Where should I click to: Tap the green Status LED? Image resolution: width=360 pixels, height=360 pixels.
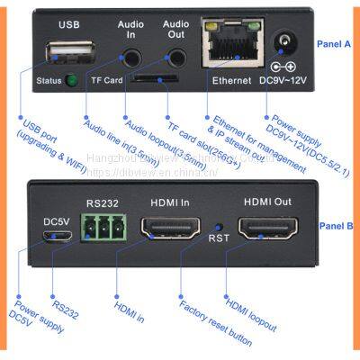pyautogui.click(x=71, y=80)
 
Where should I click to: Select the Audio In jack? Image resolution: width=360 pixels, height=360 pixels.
pyautogui.click(x=131, y=56)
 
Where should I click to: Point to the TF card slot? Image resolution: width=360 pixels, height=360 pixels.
pyautogui.click(x=155, y=79)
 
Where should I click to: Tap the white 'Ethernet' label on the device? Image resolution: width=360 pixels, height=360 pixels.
pyautogui.click(x=231, y=80)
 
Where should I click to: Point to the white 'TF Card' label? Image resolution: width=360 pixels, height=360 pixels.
pyautogui.click(x=106, y=80)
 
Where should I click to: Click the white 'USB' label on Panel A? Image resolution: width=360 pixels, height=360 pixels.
pyautogui.click(x=69, y=24)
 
